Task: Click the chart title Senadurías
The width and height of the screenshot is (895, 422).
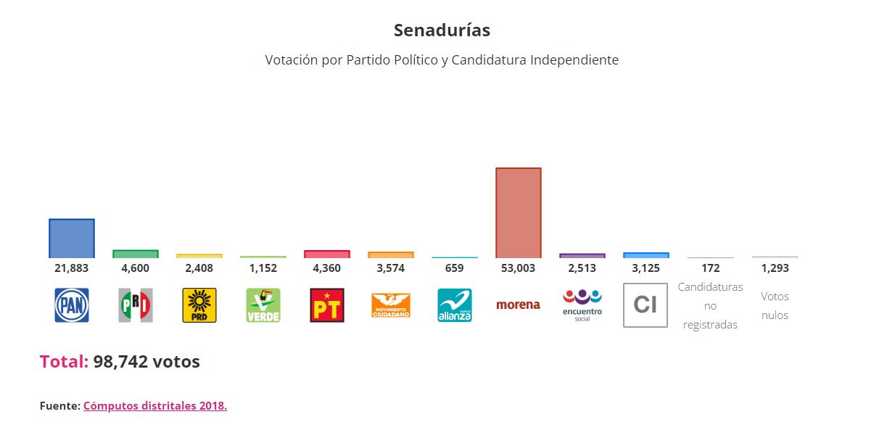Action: (442, 30)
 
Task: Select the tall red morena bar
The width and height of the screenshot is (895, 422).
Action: (518, 213)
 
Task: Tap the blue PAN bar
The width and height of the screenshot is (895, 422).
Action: (71, 239)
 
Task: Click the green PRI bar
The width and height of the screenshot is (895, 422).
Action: (135, 254)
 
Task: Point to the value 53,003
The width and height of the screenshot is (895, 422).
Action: (518, 268)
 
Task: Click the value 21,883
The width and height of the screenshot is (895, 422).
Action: (71, 268)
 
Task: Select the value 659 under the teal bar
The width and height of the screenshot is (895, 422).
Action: (454, 268)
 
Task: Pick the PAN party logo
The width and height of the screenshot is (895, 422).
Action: (71, 305)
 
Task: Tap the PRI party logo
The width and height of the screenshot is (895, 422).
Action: (135, 305)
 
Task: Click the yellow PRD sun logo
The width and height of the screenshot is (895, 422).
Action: (199, 305)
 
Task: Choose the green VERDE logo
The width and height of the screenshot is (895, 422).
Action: (263, 305)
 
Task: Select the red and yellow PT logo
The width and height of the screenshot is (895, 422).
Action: (326, 305)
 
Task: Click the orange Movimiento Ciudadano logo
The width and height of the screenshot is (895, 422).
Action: (390, 305)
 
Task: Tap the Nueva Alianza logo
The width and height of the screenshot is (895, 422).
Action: (454, 305)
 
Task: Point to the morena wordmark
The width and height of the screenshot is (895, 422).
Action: (518, 305)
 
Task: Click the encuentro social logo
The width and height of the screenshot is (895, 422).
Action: (582, 305)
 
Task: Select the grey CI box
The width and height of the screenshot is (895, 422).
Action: (645, 305)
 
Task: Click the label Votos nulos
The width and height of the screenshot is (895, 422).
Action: (775, 305)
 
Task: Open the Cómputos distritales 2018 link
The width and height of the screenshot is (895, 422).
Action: (155, 406)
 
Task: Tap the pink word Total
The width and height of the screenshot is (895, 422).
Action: (63, 362)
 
